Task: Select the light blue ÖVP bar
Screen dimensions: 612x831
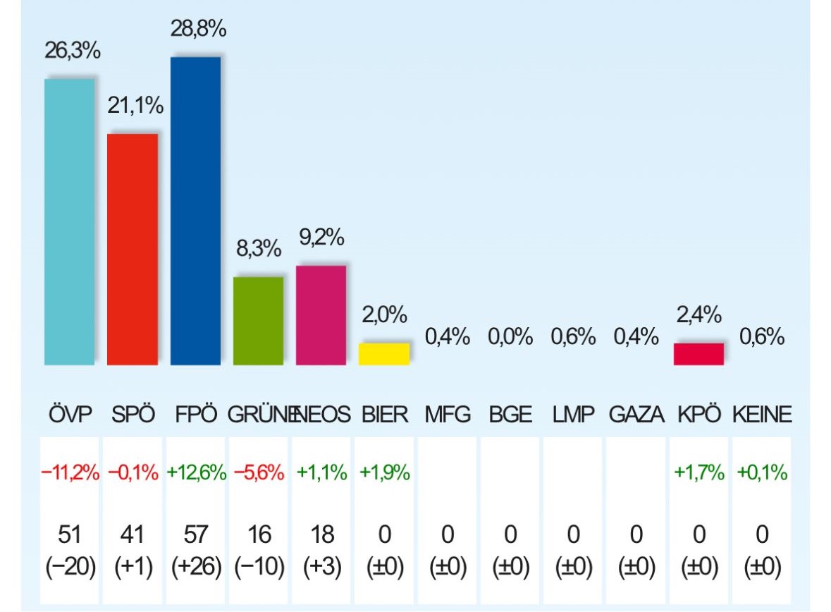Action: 69,221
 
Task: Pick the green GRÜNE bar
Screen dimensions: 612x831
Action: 258,321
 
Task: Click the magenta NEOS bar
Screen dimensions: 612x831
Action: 321,315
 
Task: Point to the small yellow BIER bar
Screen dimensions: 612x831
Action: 384,354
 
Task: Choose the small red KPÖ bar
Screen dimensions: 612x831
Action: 698,354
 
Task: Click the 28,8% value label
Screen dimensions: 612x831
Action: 198,30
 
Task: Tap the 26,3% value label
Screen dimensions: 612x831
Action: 73,51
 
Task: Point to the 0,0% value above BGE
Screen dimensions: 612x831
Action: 510,337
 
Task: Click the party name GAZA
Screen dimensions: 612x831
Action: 636,415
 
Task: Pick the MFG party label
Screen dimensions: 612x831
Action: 447,415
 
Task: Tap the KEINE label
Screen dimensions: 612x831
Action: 762,415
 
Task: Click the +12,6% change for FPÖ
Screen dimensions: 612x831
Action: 196,473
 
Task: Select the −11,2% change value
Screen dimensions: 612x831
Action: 70,473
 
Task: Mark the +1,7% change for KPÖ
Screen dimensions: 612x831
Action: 699,473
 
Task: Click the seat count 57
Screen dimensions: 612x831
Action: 195,535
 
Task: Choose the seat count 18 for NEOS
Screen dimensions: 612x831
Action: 321,535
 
